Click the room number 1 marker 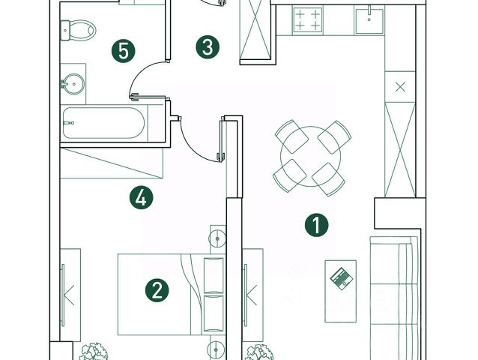click(x=317, y=225)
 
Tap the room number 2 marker click(x=157, y=290)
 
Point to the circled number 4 click(x=141, y=199)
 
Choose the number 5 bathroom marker click(x=124, y=52)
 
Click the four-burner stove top click(x=307, y=21)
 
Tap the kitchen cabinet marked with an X click(x=399, y=85)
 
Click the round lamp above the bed click(x=216, y=238)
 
